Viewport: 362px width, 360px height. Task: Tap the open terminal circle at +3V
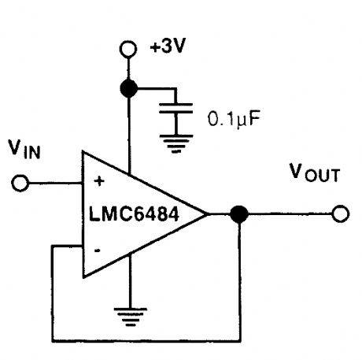(127, 50)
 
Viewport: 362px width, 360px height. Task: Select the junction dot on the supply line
(127, 87)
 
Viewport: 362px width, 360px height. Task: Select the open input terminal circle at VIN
(21, 183)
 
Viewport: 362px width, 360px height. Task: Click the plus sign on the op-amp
(98, 182)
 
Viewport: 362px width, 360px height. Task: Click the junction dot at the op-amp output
(239, 213)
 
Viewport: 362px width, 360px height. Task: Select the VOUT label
(313, 173)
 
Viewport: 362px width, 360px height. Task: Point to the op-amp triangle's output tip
(206, 213)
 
